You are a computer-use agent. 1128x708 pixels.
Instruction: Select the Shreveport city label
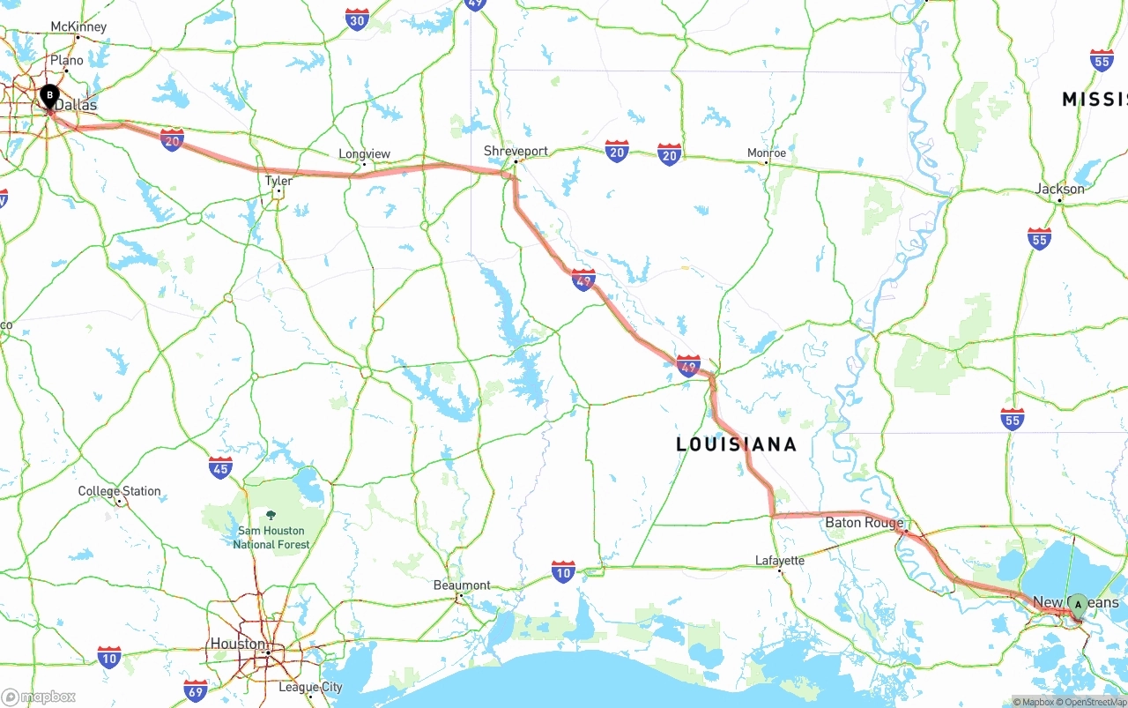(x=516, y=151)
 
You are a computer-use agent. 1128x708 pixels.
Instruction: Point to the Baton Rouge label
(x=864, y=523)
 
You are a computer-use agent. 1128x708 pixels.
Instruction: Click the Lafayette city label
(x=780, y=561)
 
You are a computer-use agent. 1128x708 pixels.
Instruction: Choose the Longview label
(x=364, y=154)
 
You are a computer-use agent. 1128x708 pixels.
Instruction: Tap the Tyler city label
(x=278, y=181)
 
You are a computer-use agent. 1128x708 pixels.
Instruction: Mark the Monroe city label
(x=766, y=153)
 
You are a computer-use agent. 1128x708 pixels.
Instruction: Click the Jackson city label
(x=1059, y=189)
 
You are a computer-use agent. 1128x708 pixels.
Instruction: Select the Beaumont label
(x=462, y=585)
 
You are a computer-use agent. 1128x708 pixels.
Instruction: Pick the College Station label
(x=119, y=491)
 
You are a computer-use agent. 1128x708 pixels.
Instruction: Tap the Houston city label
(x=237, y=644)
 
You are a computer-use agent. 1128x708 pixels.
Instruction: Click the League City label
(x=310, y=687)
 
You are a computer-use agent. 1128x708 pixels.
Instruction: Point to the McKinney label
(x=78, y=26)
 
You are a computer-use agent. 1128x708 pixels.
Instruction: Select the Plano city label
(x=67, y=61)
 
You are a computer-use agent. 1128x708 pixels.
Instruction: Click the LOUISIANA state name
(x=736, y=444)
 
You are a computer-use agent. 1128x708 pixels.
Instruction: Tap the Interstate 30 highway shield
(x=357, y=20)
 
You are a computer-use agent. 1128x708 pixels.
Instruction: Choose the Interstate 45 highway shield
(x=220, y=467)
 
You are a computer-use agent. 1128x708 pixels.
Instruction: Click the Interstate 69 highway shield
(x=196, y=689)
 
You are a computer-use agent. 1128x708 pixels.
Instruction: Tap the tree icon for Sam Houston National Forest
(x=271, y=515)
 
